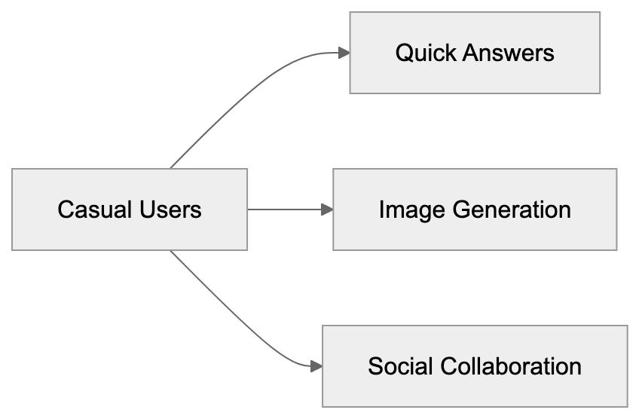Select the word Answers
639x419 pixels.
[x=509, y=53]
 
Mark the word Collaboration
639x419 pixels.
[x=510, y=367]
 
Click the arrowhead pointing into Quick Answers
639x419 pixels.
[x=344, y=53]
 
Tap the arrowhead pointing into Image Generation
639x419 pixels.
[x=327, y=209]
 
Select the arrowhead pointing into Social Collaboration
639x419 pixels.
[x=316, y=367]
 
